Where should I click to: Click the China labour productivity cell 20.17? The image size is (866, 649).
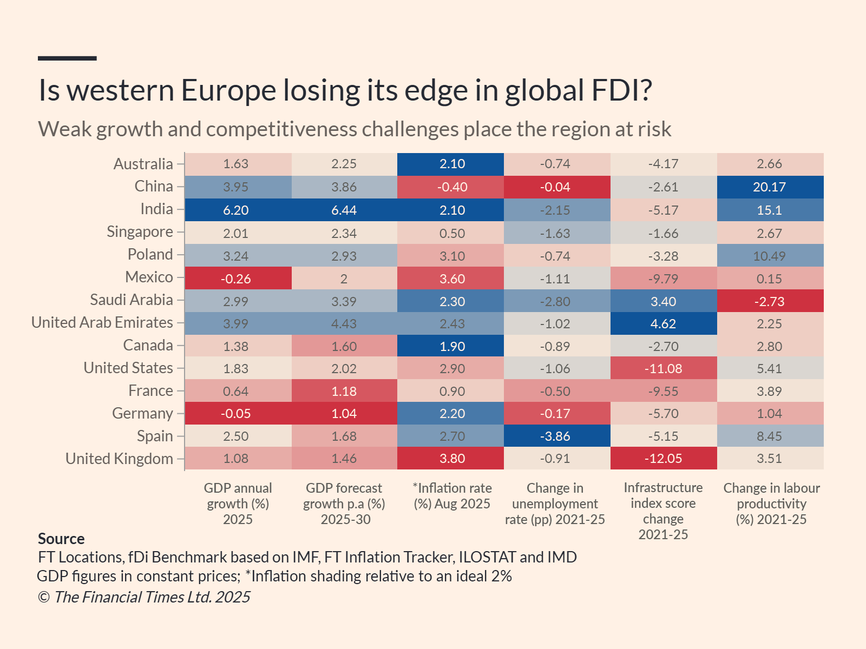pyautogui.click(x=770, y=187)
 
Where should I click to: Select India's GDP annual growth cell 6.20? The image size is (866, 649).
pyautogui.click(x=237, y=210)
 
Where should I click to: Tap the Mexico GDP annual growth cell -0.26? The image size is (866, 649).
pyautogui.click(x=237, y=279)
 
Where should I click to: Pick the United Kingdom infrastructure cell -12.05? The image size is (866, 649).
pyautogui.click(x=663, y=458)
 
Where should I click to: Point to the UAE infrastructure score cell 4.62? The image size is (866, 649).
pyautogui.click(x=663, y=323)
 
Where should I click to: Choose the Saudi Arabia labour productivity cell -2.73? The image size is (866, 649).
pyautogui.click(x=770, y=301)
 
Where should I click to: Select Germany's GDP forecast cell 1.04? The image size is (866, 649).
pyautogui.click(x=344, y=413)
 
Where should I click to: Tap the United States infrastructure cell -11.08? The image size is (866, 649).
pyautogui.click(x=663, y=368)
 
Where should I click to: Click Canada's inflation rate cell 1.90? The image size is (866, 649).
pyautogui.click(x=452, y=346)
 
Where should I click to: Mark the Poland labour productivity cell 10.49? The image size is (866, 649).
pyautogui.click(x=770, y=256)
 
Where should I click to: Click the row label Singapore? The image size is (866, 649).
pyautogui.click(x=140, y=232)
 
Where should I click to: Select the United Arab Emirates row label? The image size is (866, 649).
pyautogui.click(x=102, y=323)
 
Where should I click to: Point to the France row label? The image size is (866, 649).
pyautogui.click(x=150, y=390)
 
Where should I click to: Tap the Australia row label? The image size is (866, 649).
pyautogui.click(x=143, y=164)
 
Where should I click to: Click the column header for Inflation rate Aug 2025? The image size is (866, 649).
pyautogui.click(x=452, y=496)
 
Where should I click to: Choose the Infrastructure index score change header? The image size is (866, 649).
pyautogui.click(x=663, y=511)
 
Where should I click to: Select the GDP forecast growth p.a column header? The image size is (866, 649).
pyautogui.click(x=344, y=504)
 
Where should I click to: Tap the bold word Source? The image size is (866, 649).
pyautogui.click(x=61, y=539)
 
